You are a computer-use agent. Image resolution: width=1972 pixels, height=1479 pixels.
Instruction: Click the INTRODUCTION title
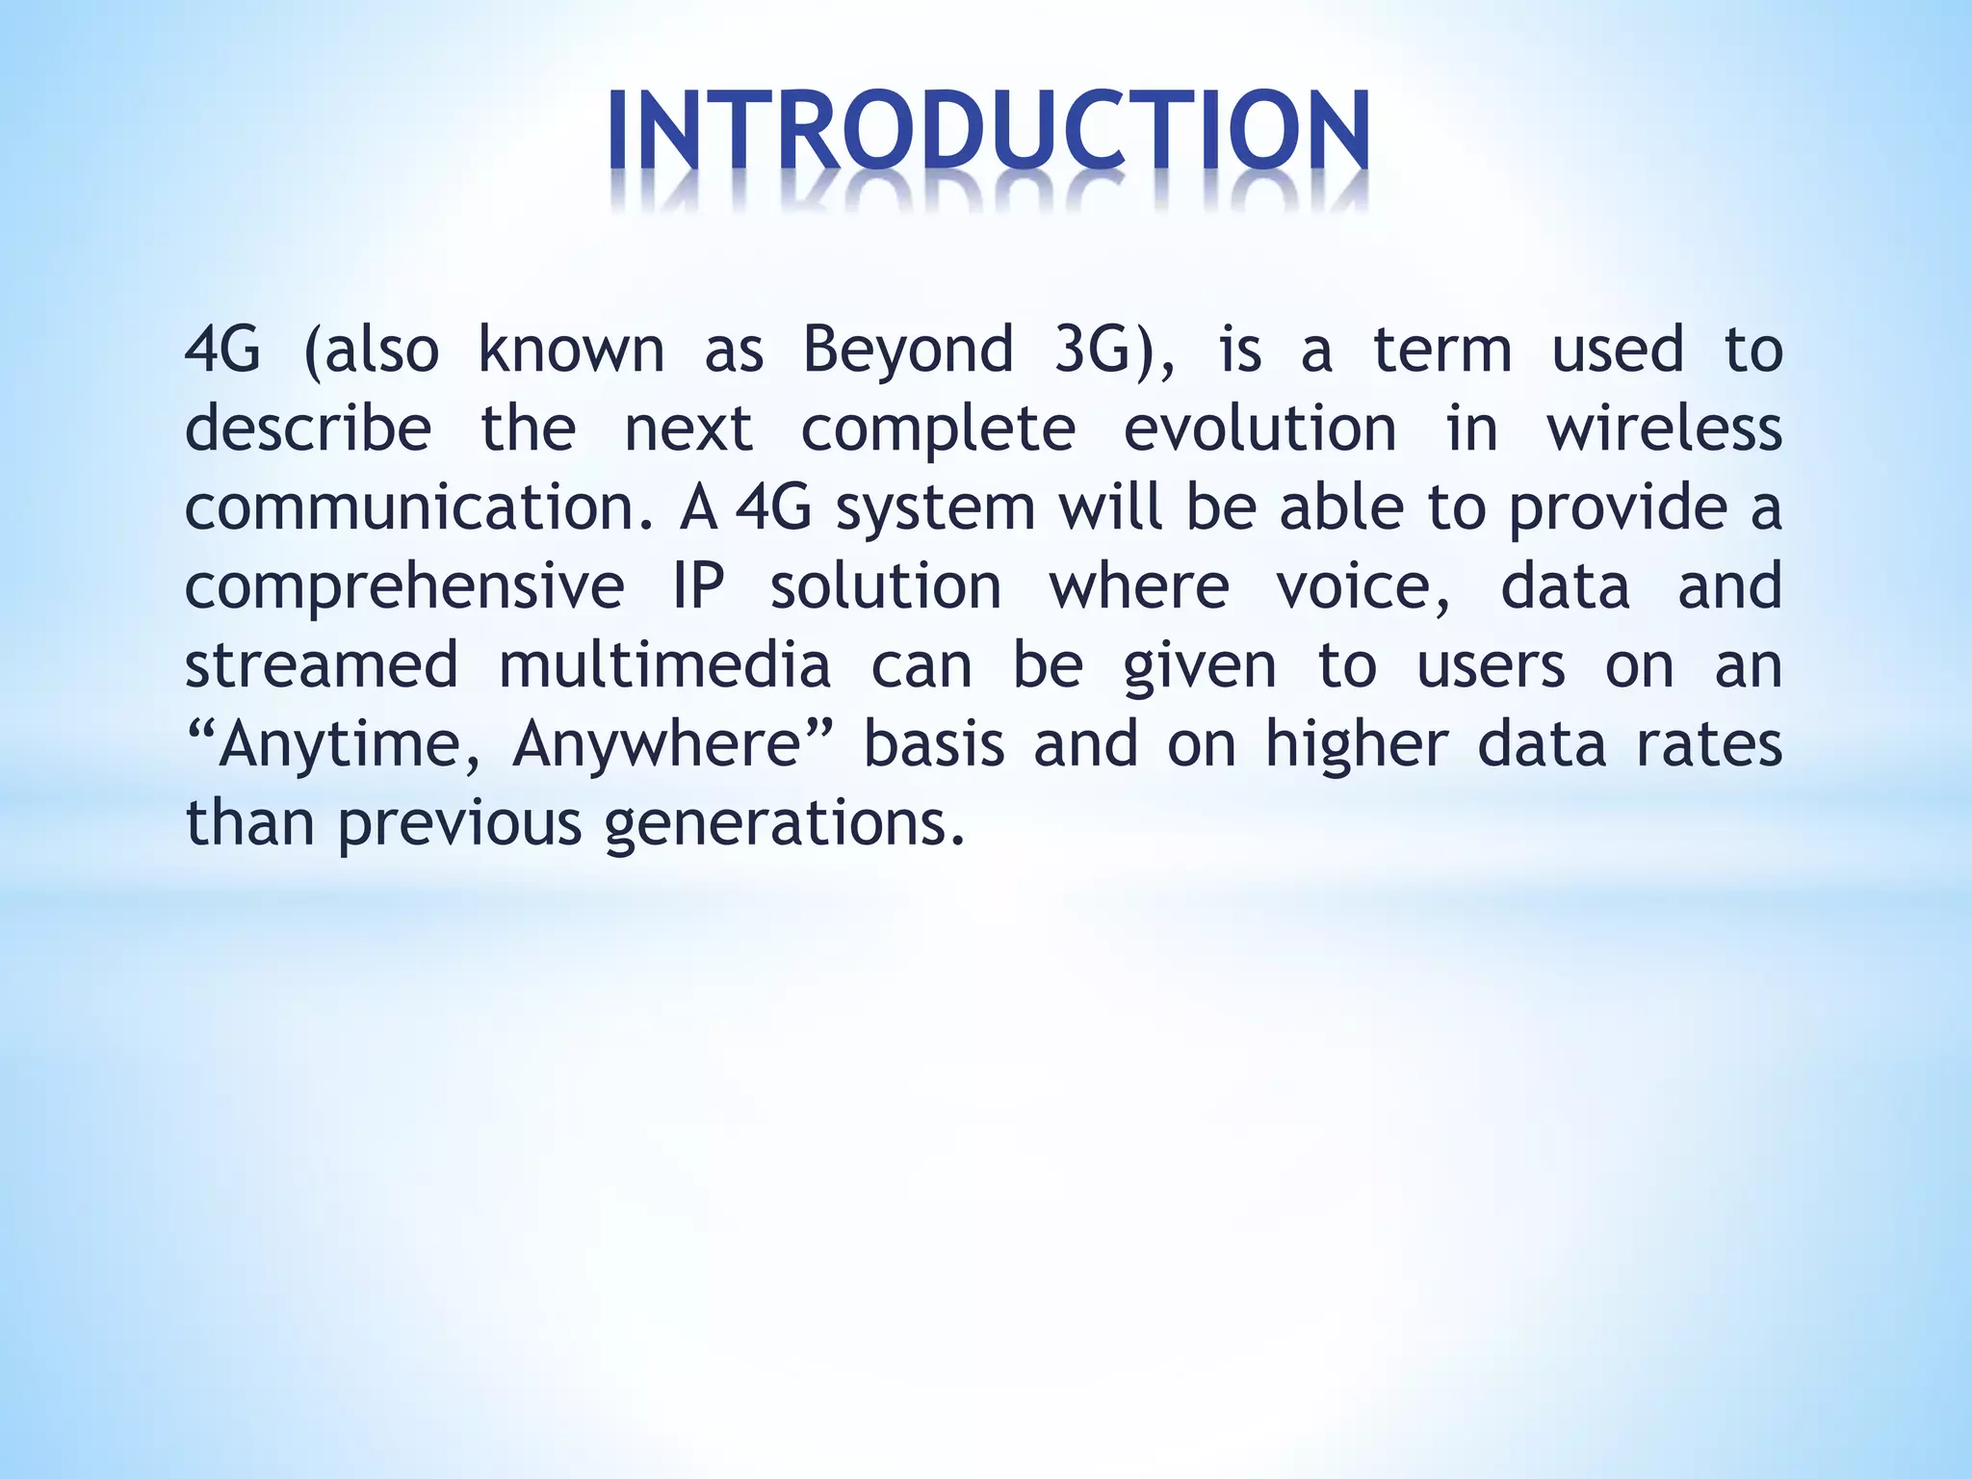click(988, 132)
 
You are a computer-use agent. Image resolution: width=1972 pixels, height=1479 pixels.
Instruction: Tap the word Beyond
click(908, 350)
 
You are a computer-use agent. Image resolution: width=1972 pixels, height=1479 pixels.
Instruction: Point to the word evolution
click(1259, 428)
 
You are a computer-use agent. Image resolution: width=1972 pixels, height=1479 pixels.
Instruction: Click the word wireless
click(1664, 428)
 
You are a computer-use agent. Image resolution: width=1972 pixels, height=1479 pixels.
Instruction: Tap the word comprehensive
click(404, 586)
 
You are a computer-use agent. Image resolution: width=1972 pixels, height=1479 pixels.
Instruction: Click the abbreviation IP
click(699, 586)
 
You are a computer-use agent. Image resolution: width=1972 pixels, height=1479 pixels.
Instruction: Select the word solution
click(886, 586)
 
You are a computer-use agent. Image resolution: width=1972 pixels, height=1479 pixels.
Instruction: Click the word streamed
click(322, 665)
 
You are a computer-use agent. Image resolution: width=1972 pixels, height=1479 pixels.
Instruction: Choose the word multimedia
click(664, 665)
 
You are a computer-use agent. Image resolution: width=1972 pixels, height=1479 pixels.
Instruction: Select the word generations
click(784, 824)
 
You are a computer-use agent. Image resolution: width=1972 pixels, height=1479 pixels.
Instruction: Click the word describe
click(308, 428)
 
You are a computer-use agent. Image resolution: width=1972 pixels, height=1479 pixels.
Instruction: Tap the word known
click(571, 350)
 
